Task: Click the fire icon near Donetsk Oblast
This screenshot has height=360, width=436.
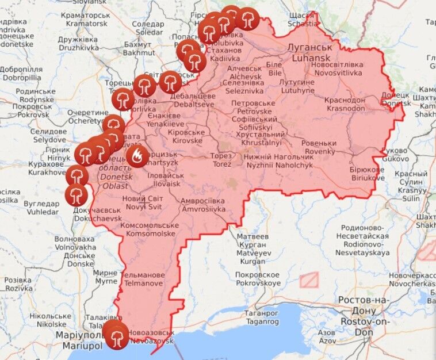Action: click(137, 155)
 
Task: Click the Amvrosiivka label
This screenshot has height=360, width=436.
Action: click(203, 205)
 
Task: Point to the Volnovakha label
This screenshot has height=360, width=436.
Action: click(75, 243)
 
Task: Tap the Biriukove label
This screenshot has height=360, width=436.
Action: click(367, 174)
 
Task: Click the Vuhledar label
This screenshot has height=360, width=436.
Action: click(41, 207)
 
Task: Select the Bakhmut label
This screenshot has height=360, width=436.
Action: click(137, 48)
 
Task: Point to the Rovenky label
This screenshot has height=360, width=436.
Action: click(320, 147)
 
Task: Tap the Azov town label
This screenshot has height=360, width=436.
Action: click(327, 337)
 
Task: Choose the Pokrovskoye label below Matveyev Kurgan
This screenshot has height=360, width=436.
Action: click(258, 279)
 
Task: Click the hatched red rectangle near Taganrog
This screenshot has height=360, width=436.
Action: click(309, 279)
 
